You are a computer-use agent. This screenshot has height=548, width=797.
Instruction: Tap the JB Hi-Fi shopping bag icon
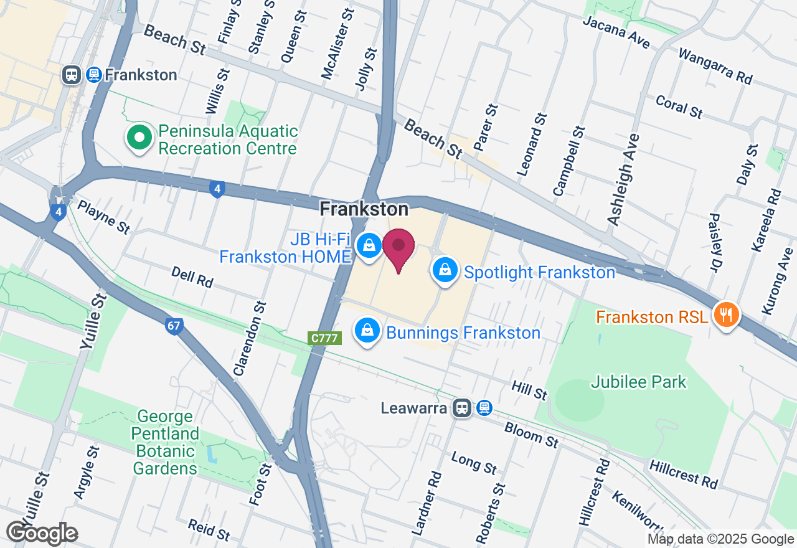(x=369, y=245)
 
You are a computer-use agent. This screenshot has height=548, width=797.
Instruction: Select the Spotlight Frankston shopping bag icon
(x=445, y=271)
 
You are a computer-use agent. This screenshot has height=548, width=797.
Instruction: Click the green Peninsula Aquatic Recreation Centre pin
(x=139, y=138)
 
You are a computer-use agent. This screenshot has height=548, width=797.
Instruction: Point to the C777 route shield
(x=324, y=338)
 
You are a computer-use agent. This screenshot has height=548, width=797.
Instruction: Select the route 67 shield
(x=174, y=326)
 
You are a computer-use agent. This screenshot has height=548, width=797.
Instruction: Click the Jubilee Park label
(x=639, y=382)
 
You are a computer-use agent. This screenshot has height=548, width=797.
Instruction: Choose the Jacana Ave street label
(x=616, y=32)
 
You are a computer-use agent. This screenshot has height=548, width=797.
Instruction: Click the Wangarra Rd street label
(x=715, y=66)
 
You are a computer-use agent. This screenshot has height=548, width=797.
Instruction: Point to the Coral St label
(x=679, y=106)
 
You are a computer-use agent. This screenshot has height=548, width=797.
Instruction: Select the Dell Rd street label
(x=192, y=277)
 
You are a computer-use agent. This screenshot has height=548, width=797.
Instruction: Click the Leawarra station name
(x=415, y=409)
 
